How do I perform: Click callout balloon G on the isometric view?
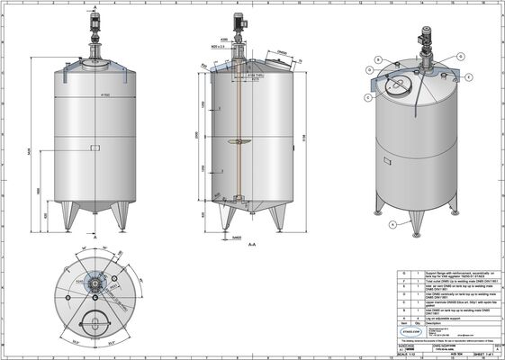click(469, 78)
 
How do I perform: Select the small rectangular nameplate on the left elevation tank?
click(95, 147)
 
